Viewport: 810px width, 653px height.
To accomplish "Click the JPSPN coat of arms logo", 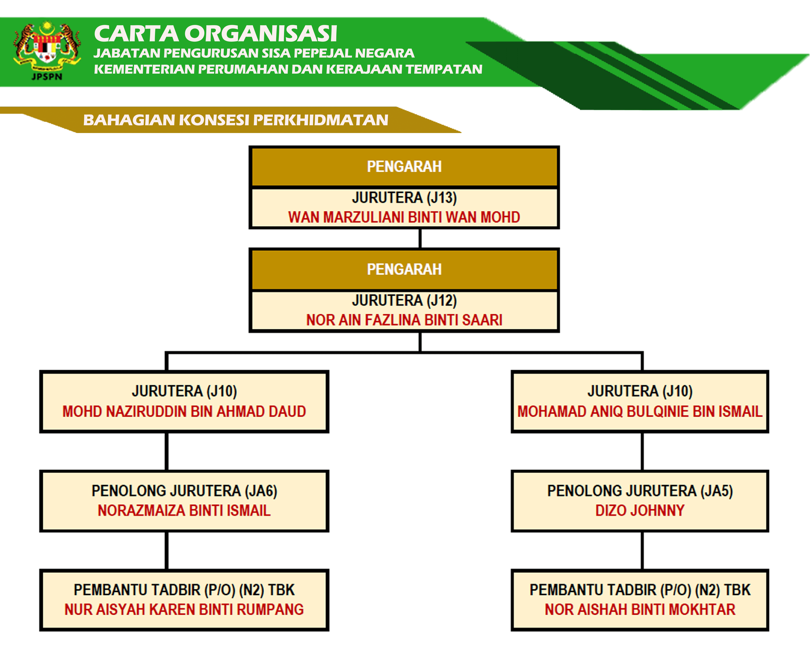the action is pos(47,51).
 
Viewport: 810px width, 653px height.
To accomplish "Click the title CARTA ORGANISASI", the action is pos(215,33).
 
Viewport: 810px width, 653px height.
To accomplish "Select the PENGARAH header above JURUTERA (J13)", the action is pos(404,167).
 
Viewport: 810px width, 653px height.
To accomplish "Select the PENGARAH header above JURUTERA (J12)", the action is pos(404,269).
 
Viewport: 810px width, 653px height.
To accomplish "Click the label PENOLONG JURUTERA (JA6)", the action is pos(184,491).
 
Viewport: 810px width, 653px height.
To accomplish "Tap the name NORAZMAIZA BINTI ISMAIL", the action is pos(184,510).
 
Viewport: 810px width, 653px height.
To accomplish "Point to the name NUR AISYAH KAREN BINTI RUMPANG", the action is pos(184,609).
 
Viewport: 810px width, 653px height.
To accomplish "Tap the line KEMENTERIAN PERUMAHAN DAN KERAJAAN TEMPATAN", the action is pos(288,69).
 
